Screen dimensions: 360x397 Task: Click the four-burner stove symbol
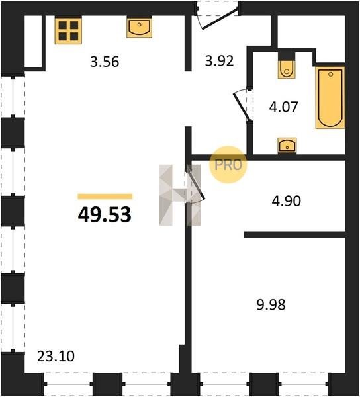(68, 30)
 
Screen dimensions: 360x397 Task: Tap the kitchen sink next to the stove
(139, 27)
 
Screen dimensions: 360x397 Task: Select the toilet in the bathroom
(287, 69)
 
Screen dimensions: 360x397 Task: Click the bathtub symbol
(330, 97)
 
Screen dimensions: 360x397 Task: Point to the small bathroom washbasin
(287, 146)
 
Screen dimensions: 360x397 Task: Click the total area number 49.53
(105, 214)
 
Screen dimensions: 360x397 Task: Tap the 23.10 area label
(56, 356)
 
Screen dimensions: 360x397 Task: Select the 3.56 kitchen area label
(105, 62)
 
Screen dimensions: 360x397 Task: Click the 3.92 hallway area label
(219, 61)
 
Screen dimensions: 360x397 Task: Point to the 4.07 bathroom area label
(283, 107)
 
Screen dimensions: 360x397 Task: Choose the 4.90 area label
(287, 201)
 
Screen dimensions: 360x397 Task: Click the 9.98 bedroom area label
(271, 304)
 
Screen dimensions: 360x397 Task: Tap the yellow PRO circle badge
(228, 165)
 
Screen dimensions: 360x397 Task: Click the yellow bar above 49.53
(105, 197)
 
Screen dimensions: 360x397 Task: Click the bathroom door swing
(242, 105)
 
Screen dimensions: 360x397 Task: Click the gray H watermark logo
(179, 195)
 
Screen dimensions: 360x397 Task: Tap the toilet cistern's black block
(287, 56)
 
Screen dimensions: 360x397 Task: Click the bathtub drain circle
(330, 74)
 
